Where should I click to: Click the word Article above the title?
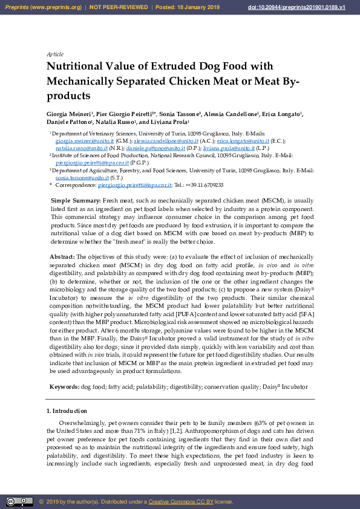[x=55, y=54]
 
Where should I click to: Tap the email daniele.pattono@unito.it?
[x=156, y=148]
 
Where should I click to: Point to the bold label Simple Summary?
[x=76, y=200]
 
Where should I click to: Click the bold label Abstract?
[x=62, y=257]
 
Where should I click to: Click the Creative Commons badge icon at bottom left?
[x=19, y=502]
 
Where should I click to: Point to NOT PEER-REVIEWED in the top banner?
[x=119, y=7]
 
